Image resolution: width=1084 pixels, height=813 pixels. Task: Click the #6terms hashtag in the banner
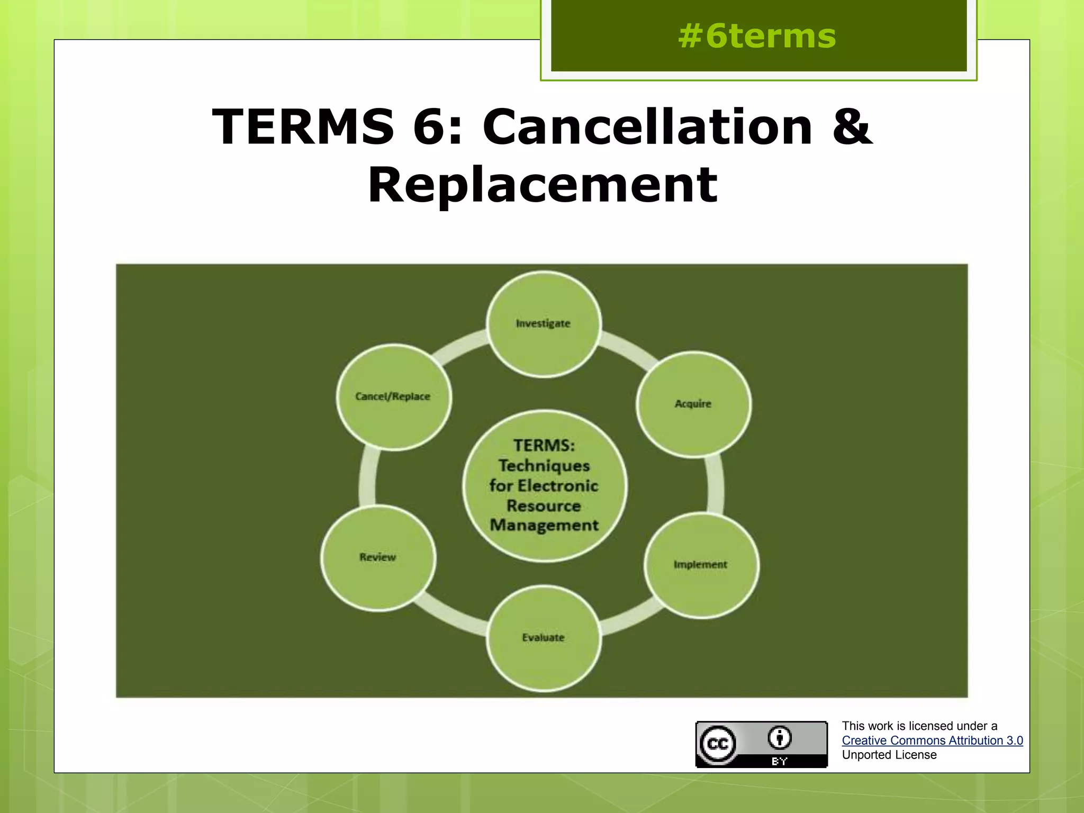[x=757, y=36]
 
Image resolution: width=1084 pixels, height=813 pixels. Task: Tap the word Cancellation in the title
[x=647, y=127]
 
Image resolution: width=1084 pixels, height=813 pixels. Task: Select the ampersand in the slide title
[x=851, y=127]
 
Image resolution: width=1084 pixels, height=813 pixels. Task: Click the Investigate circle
[x=543, y=324]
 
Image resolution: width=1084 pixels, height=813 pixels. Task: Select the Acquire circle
[x=693, y=404]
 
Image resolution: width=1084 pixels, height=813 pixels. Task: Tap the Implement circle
[x=701, y=565]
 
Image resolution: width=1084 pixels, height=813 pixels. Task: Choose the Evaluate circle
[x=543, y=638]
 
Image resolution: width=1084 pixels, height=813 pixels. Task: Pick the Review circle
[x=378, y=557]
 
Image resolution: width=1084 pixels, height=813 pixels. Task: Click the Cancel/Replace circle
[x=393, y=396]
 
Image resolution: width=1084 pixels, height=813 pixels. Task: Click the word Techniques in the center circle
[x=544, y=466]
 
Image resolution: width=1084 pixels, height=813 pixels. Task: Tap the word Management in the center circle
[x=544, y=525]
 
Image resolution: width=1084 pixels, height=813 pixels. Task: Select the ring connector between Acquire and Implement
[x=716, y=484]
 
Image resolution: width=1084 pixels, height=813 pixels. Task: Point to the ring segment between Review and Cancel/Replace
[x=367, y=479]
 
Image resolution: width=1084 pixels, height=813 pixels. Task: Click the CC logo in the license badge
[x=718, y=744]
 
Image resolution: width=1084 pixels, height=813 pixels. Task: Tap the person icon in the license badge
[x=780, y=737]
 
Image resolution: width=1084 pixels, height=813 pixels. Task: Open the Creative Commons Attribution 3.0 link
[x=932, y=740]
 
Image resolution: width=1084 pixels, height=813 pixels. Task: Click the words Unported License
[x=889, y=755]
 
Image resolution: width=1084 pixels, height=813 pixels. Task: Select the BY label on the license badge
[x=780, y=762]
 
